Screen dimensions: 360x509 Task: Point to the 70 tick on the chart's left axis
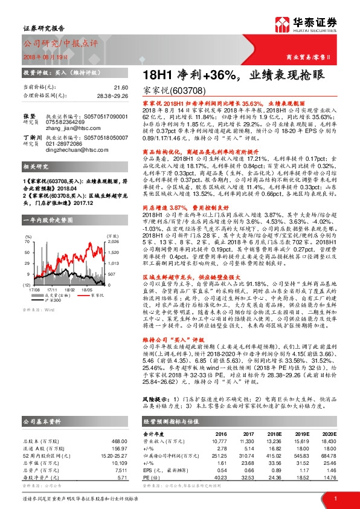27,225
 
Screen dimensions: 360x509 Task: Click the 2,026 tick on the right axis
113,225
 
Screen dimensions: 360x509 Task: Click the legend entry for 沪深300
51,284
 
